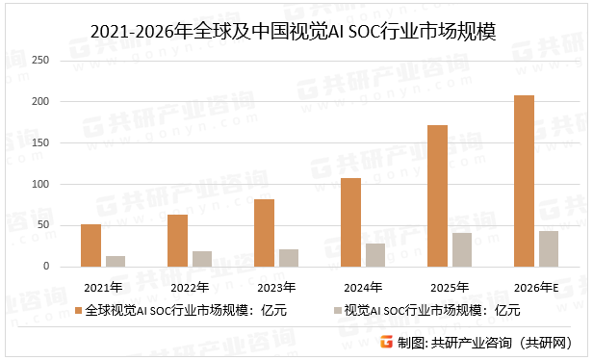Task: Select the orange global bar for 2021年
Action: click(x=90, y=245)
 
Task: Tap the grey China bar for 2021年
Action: click(x=115, y=261)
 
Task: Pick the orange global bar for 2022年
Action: click(x=177, y=241)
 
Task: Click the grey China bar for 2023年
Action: click(x=288, y=258)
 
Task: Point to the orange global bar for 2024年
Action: click(x=350, y=222)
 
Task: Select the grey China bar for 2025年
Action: click(x=461, y=249)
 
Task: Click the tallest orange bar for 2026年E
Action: click(x=524, y=181)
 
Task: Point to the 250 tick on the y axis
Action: click(x=39, y=61)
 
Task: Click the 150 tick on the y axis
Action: click(x=39, y=143)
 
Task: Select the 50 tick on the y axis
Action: click(x=42, y=225)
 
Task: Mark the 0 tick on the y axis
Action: click(x=45, y=267)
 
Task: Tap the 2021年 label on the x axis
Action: click(x=103, y=286)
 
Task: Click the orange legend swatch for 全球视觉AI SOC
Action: click(x=80, y=310)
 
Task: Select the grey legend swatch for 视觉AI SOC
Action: click(x=336, y=310)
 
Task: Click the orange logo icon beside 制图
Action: click(x=385, y=341)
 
